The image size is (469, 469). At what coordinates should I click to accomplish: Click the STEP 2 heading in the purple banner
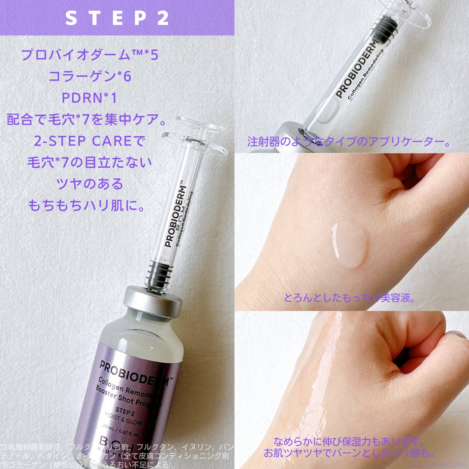tap(117, 18)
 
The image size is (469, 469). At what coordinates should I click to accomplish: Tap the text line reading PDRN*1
tap(89, 98)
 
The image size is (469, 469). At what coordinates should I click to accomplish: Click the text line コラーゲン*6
tap(90, 76)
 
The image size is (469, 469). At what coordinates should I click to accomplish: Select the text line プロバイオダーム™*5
tap(90, 55)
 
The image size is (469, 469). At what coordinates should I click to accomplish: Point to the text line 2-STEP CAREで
tap(90, 141)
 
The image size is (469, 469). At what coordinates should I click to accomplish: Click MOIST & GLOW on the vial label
tap(123, 419)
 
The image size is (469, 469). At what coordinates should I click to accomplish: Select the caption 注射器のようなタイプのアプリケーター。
tap(348, 142)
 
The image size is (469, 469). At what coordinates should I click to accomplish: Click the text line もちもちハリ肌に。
tap(87, 206)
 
